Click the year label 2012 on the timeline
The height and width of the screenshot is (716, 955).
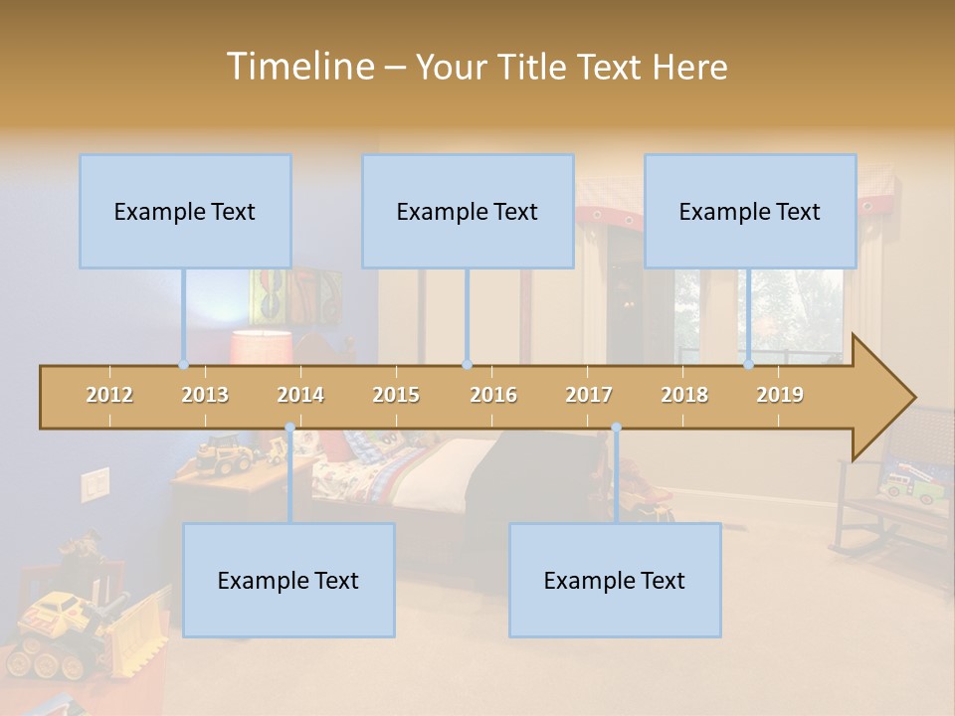tap(109, 395)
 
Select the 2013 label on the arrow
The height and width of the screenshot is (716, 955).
tap(205, 395)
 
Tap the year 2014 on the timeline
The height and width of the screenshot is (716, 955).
tap(300, 395)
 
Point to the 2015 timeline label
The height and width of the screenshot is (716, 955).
tap(396, 395)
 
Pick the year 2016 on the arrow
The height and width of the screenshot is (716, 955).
tap(493, 395)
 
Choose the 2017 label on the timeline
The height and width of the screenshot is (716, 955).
tap(589, 395)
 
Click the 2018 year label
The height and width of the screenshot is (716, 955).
tap(684, 395)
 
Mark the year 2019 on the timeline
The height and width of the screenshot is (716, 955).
tap(780, 395)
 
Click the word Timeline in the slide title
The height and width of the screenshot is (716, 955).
tap(298, 67)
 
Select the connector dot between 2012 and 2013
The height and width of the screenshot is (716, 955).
tap(184, 364)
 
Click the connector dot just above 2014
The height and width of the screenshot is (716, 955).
tap(289, 428)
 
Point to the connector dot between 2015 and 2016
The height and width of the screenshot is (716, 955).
tap(467, 364)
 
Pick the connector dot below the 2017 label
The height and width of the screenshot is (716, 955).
tap(616, 428)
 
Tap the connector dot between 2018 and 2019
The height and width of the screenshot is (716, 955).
tap(749, 364)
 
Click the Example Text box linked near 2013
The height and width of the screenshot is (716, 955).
tap(185, 211)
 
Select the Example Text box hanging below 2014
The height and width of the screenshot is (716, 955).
tap(288, 580)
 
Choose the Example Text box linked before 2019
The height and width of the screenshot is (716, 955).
tap(750, 211)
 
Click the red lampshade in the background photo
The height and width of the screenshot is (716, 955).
tap(261, 347)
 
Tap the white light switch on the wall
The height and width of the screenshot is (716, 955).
tap(95, 484)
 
